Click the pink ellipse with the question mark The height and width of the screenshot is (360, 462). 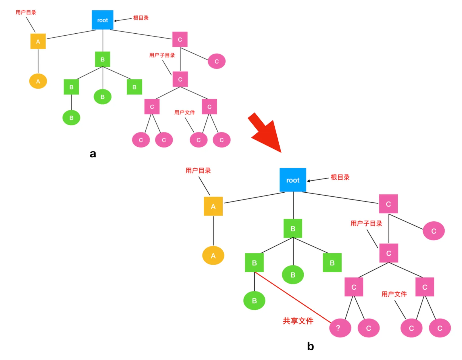pos(340,328)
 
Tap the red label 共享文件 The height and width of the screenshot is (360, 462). pos(298,321)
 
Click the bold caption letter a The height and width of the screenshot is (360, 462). pos(93,154)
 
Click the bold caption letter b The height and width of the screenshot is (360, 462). pos(310,346)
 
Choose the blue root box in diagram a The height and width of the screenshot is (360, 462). pos(103,20)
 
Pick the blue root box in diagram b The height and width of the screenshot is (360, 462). pos(293,180)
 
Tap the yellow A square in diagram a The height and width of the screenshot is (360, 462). pos(38,41)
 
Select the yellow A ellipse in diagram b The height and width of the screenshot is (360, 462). pos(213,256)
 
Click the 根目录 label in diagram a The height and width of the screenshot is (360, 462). pos(141,18)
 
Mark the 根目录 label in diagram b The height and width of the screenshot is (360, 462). pos(340,177)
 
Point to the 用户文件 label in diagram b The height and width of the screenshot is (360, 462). pos(394,294)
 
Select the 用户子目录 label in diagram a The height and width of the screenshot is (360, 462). pos(162,55)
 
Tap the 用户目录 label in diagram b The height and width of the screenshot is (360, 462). pos(198,171)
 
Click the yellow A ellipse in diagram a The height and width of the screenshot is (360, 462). pos(38,81)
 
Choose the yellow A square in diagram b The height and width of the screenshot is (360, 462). pos(213,206)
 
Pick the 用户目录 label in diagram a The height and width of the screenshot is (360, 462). pos(26,12)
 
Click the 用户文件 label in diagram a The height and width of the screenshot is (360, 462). pos(184,112)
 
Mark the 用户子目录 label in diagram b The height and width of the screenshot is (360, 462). pos(366,223)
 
